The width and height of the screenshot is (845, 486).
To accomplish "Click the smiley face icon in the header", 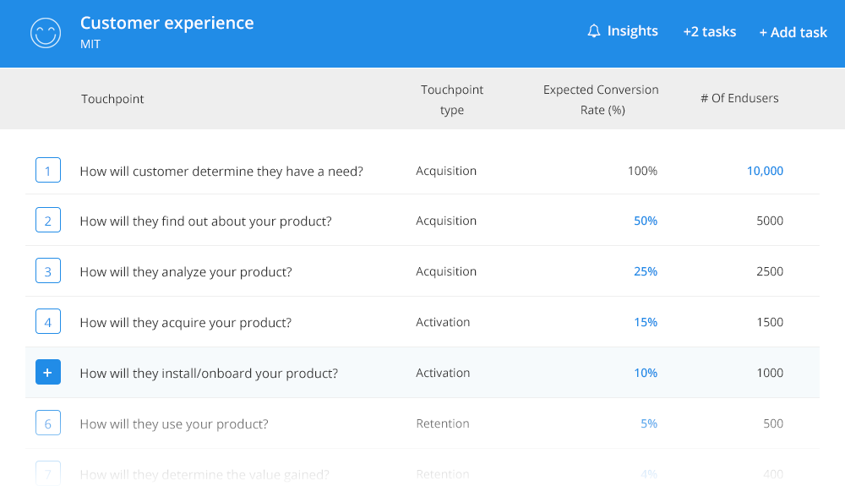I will pyautogui.click(x=46, y=33).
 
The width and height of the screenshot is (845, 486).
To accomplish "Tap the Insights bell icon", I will pyautogui.click(x=594, y=31).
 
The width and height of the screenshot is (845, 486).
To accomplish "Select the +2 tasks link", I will pyautogui.click(x=709, y=31).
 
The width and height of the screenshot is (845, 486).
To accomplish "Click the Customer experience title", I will pyautogui.click(x=166, y=23).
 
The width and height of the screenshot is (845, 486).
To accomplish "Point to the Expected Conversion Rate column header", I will pyautogui.click(x=601, y=99).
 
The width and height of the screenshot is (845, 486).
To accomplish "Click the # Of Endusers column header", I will pyautogui.click(x=739, y=98).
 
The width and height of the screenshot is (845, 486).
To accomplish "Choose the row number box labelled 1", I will pyautogui.click(x=47, y=171).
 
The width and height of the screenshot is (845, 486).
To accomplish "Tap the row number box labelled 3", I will pyautogui.click(x=47, y=271).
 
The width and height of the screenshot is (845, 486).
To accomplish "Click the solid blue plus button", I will pyautogui.click(x=47, y=373).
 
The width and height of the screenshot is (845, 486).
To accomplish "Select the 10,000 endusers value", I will pyautogui.click(x=765, y=171).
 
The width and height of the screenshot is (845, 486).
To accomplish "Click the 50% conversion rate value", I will pyautogui.click(x=646, y=221).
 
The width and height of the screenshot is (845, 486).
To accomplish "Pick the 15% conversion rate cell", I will pyautogui.click(x=646, y=322).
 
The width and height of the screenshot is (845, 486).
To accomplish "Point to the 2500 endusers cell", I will pyautogui.click(x=770, y=271).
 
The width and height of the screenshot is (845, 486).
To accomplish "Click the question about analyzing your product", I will pyautogui.click(x=186, y=271).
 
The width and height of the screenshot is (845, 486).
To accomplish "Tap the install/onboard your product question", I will pyautogui.click(x=209, y=373).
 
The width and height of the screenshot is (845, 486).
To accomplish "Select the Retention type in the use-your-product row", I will pyautogui.click(x=443, y=423).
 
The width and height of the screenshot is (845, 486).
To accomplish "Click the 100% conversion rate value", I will pyautogui.click(x=642, y=171).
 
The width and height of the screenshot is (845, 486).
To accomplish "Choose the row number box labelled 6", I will pyautogui.click(x=47, y=423).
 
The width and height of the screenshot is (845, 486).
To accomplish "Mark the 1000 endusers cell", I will pyautogui.click(x=770, y=373).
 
